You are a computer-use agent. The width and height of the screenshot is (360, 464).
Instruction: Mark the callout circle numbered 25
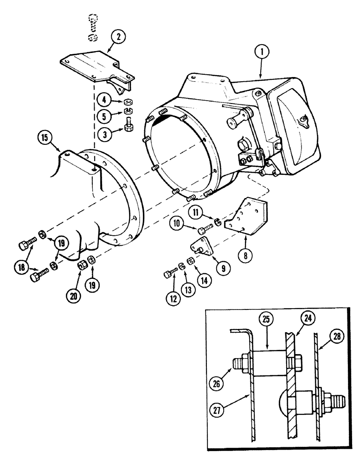coord(265,320)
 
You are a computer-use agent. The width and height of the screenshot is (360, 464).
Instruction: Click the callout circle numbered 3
coord(105,135)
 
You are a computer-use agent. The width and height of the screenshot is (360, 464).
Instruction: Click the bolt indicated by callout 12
coord(170,274)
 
